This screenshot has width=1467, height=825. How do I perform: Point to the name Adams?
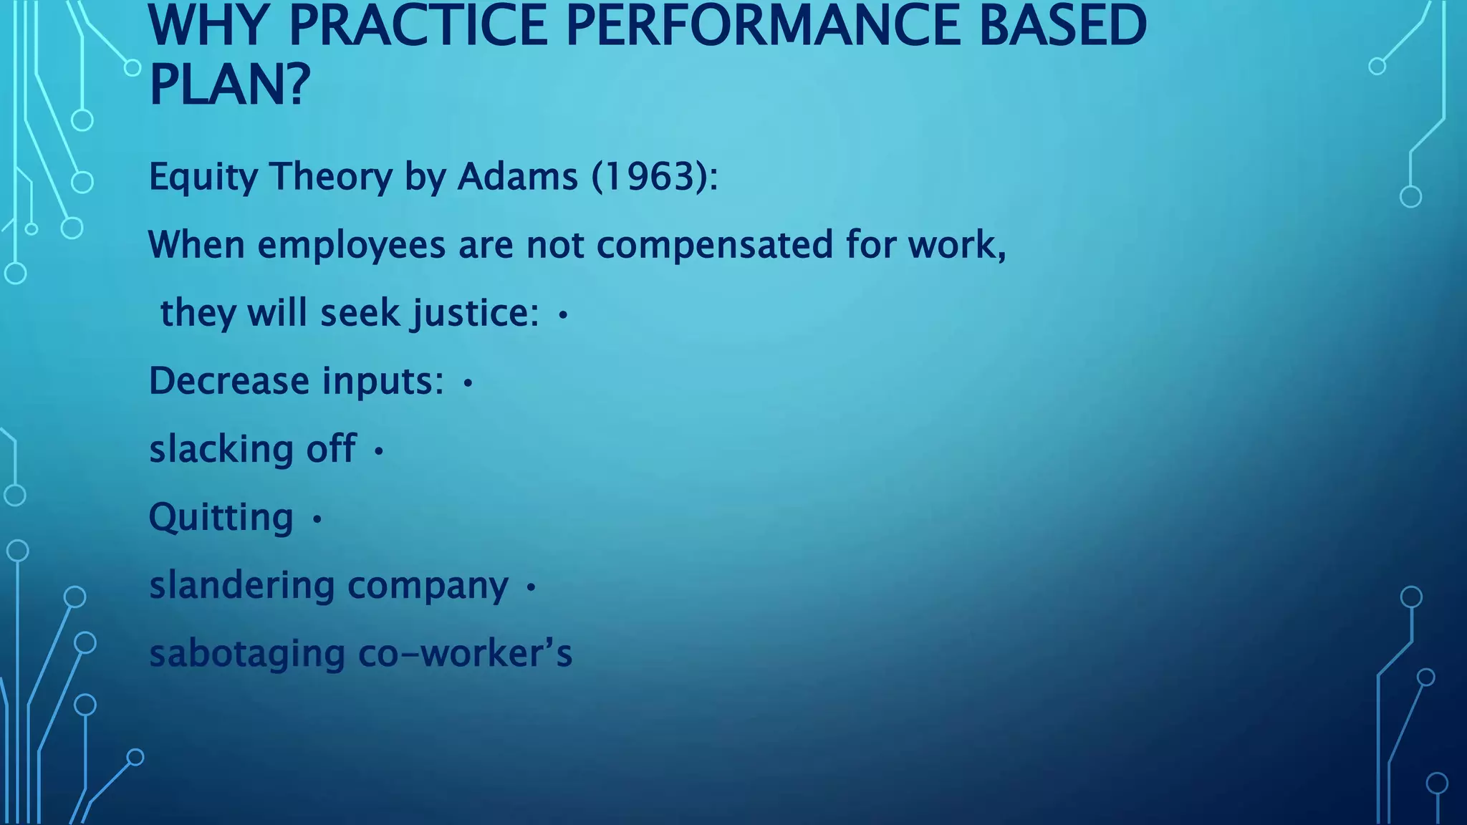coord(517,176)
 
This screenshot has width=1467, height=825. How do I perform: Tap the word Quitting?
coord(221,518)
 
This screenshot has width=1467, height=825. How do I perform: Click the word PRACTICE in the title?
coord(418,26)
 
